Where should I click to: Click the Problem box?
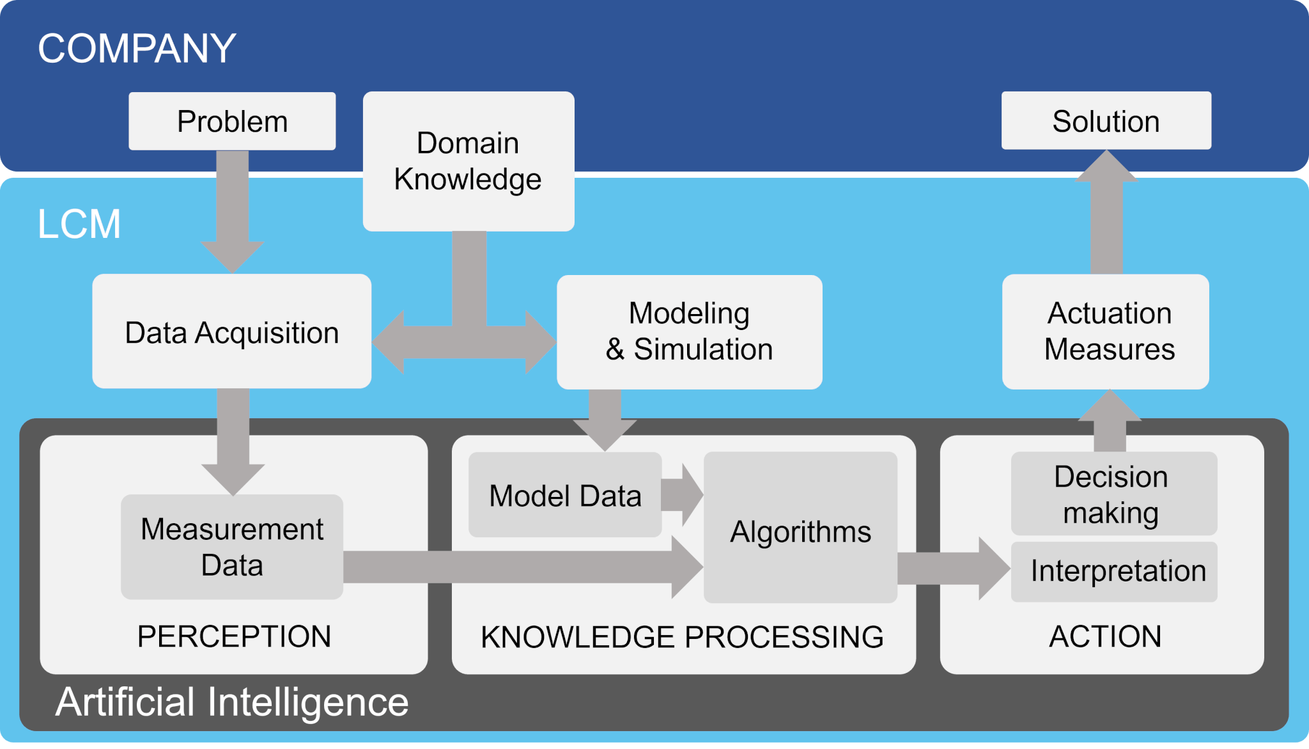[x=232, y=122]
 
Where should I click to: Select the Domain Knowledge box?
[x=468, y=161]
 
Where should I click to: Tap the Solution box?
[x=1106, y=121]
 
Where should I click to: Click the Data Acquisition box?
[x=231, y=332]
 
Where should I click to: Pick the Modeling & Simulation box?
[x=689, y=332]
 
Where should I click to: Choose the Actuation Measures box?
[x=1106, y=332]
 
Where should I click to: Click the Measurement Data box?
[x=232, y=547]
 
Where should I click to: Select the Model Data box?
[x=565, y=496]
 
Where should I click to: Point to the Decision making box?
[x=1113, y=494]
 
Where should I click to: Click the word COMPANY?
[x=137, y=49]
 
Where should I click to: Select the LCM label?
[x=79, y=224]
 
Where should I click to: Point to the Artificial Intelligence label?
[x=232, y=702]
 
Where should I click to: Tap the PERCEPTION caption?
[x=234, y=636]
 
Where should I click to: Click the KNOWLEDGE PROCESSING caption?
[x=682, y=637]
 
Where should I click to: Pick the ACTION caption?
[x=1104, y=636]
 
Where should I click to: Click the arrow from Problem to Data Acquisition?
[x=233, y=211]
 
